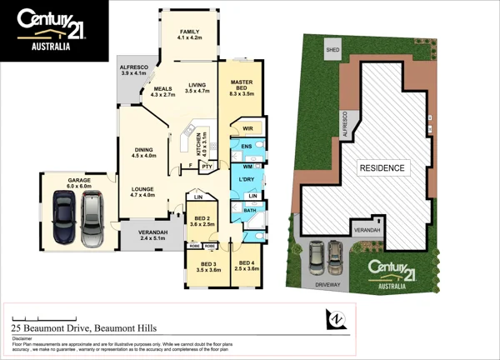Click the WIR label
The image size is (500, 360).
coord(247,129)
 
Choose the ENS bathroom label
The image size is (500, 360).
coord(247,146)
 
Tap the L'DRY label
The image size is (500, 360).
coord(246,181)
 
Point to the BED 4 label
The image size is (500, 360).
coord(247,266)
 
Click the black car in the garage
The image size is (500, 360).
coord(64,218)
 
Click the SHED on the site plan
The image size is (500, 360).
coord(333,48)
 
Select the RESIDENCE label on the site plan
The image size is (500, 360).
coord(382,168)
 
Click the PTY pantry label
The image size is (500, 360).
coord(207,166)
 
